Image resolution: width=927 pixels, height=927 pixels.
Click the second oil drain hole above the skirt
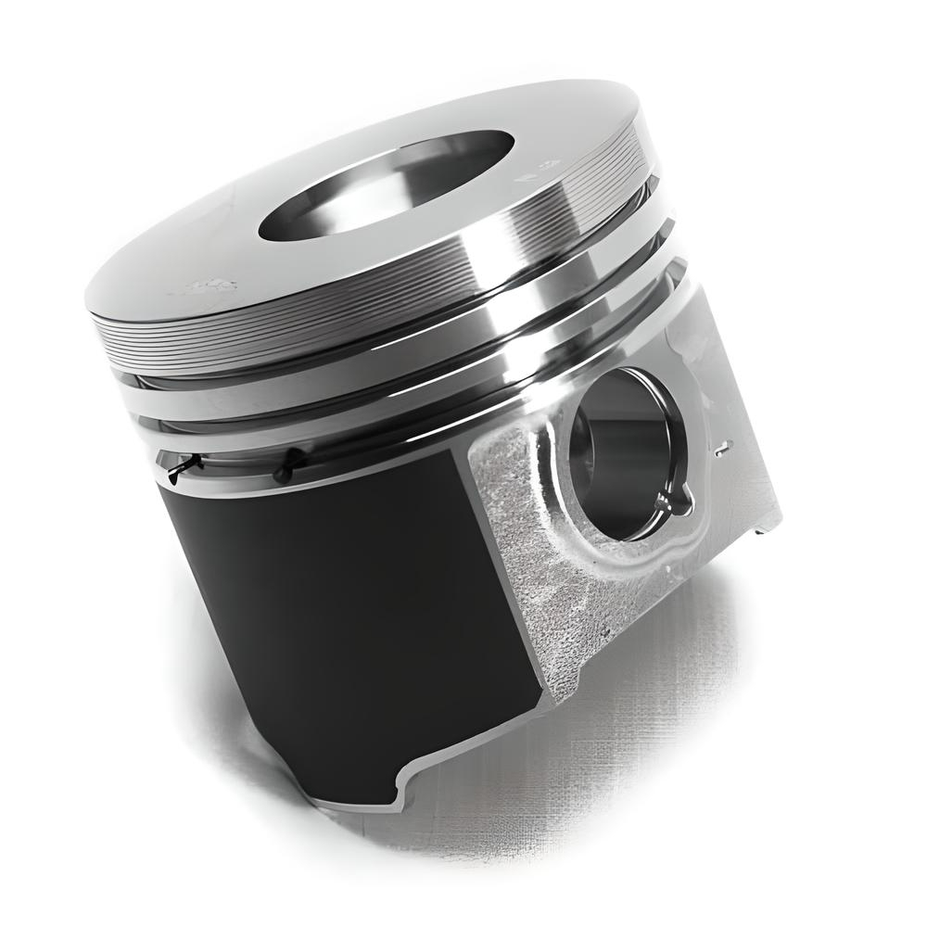291,462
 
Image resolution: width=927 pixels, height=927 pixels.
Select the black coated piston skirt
343,603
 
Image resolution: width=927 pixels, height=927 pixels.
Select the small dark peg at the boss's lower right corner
761,531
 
